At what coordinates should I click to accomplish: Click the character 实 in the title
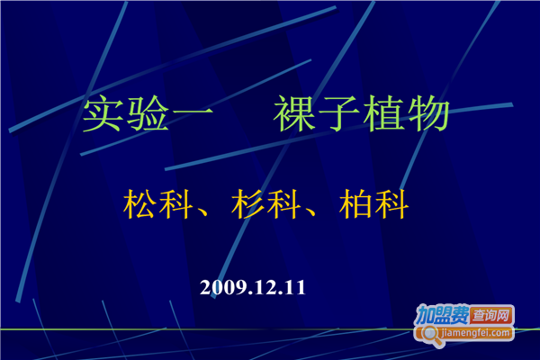(x=103, y=116)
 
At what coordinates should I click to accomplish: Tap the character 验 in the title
(x=148, y=116)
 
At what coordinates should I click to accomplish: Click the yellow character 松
(x=141, y=206)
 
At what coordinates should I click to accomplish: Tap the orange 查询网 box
(x=494, y=315)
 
